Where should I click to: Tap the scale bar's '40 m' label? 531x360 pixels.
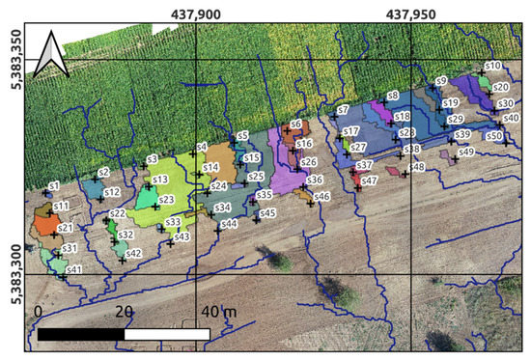point(213,313)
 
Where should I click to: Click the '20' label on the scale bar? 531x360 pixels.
point(124,313)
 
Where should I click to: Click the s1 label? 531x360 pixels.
point(54,184)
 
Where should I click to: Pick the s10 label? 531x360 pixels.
point(492,66)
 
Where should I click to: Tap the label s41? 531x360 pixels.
point(75,269)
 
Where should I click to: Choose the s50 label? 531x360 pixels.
point(494,136)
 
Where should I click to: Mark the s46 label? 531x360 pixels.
point(322,196)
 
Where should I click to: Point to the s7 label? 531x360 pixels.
point(343,110)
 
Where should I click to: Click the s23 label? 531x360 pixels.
point(167,200)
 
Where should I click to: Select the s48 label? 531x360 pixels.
point(417,167)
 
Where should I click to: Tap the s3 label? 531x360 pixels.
point(152,159)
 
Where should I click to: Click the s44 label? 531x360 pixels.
point(230,224)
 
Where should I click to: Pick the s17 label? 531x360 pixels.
point(351,130)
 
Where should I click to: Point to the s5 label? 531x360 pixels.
point(243,136)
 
